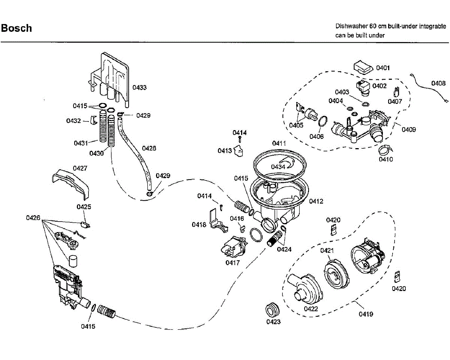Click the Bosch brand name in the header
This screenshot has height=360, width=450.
pyautogui.click(x=16, y=28)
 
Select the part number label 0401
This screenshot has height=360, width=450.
pyautogui.click(x=383, y=68)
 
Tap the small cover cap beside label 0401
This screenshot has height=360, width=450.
pyautogui.click(x=363, y=67)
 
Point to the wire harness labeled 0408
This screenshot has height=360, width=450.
pyautogui.click(x=429, y=88)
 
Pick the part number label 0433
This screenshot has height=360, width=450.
pyautogui.click(x=139, y=88)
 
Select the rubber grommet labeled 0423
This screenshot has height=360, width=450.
pyautogui.click(x=272, y=310)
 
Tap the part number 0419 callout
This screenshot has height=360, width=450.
pyautogui.click(x=366, y=314)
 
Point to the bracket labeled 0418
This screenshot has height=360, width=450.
pyautogui.click(x=219, y=221)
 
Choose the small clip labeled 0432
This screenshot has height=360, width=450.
pyautogui.click(x=94, y=120)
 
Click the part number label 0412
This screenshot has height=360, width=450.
pyautogui.click(x=316, y=201)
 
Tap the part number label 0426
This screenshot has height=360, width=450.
pyautogui.click(x=33, y=218)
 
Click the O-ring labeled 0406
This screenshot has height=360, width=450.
pyautogui.click(x=322, y=121)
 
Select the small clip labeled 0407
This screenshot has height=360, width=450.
pyautogui.click(x=396, y=92)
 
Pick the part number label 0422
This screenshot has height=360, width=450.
pyautogui.click(x=311, y=309)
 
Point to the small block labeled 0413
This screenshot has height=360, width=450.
pyautogui.click(x=238, y=151)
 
